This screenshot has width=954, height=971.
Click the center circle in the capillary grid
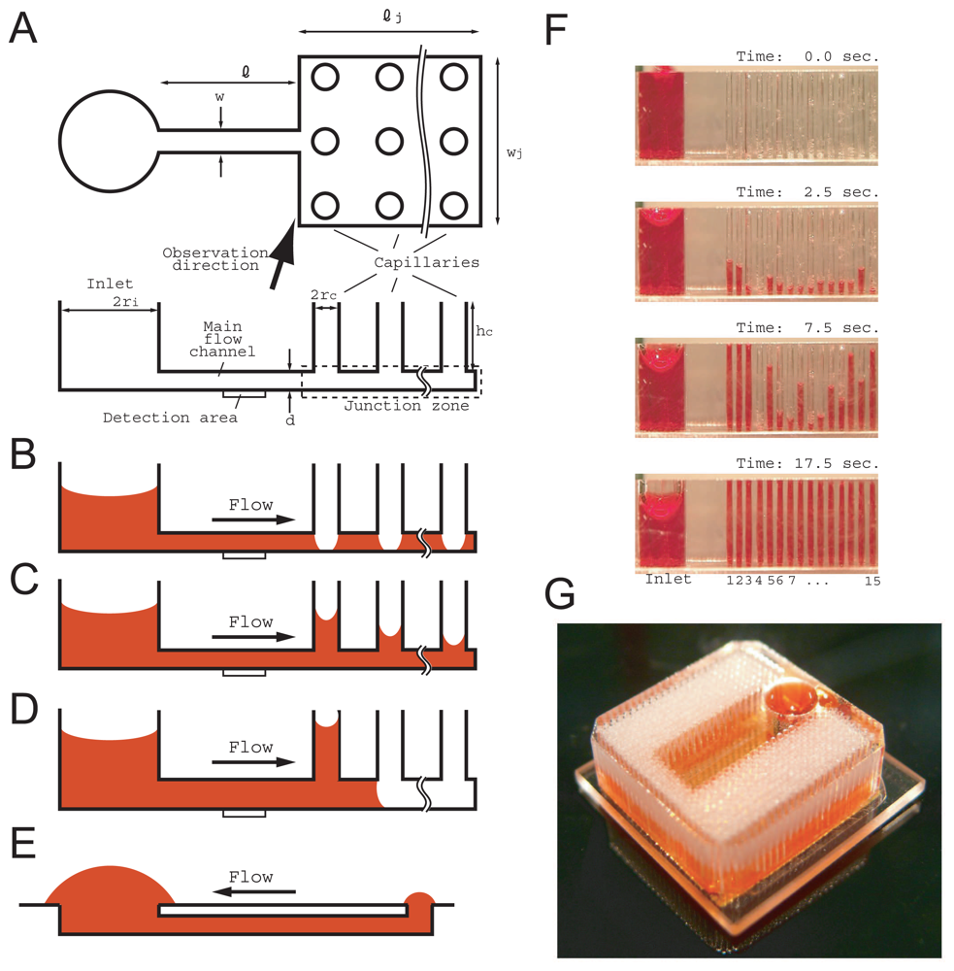390,141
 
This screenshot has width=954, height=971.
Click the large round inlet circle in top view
108,140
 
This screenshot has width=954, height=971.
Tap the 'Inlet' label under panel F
668,580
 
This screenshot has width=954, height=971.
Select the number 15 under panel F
871,580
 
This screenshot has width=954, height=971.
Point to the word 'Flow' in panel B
250,505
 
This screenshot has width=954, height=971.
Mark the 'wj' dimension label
516,152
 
